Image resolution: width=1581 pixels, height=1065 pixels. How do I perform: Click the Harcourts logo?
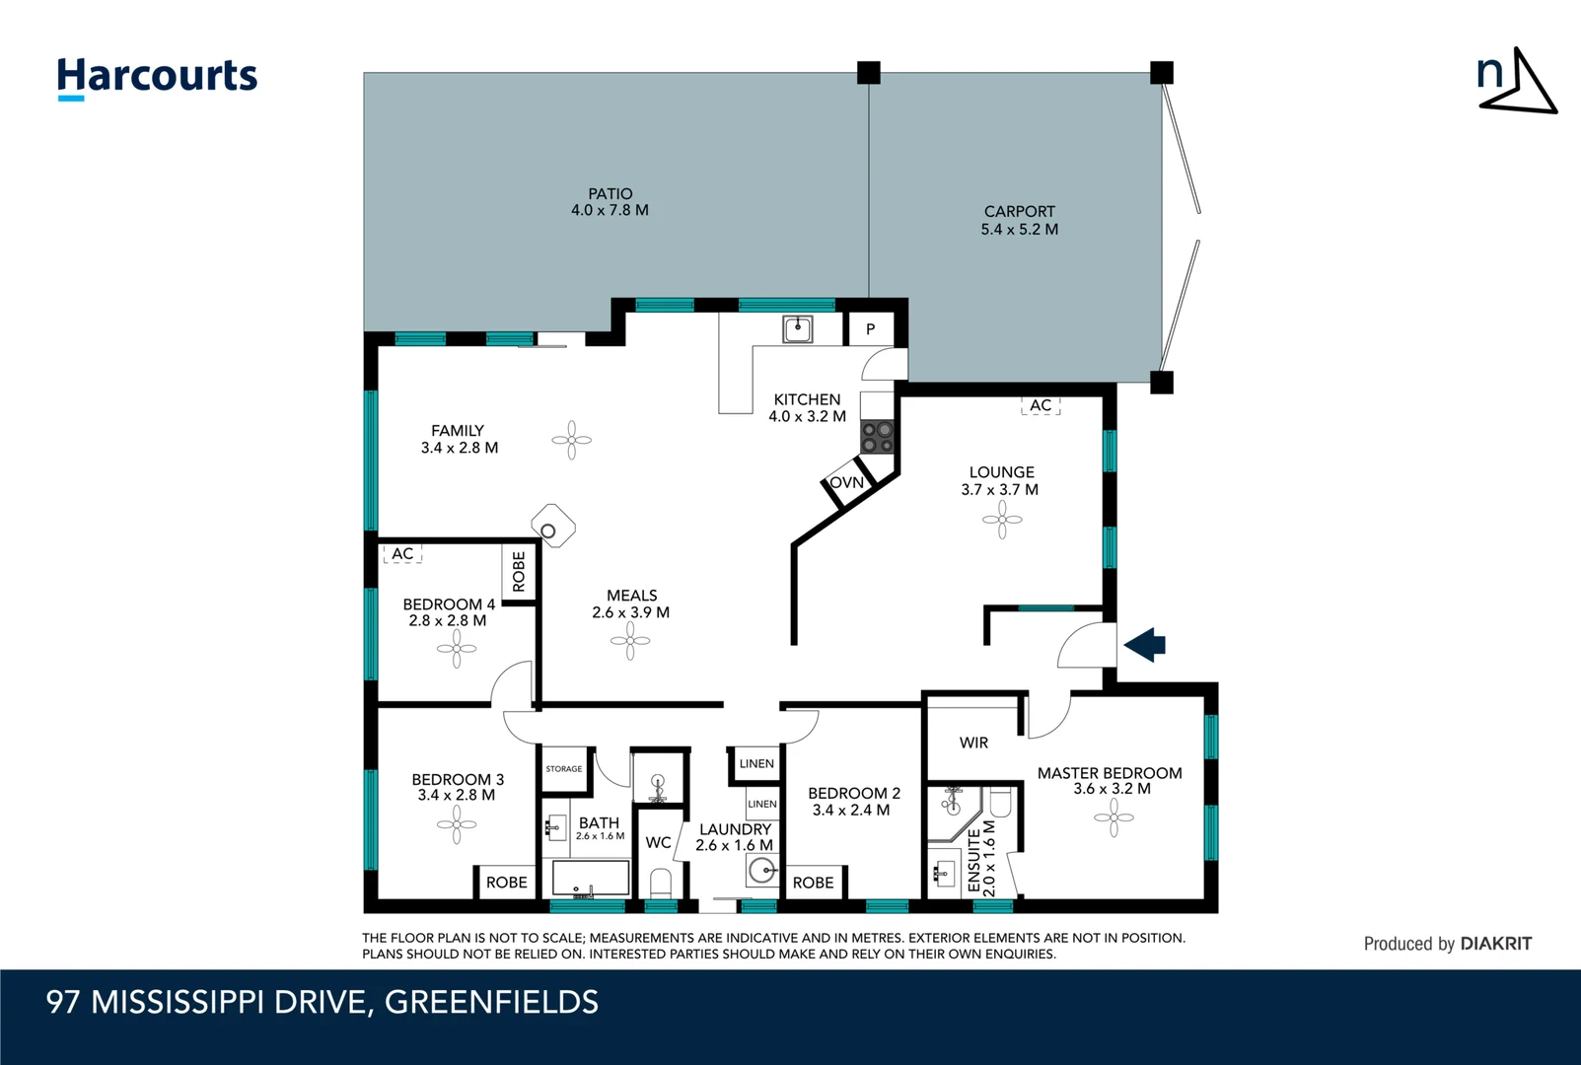pyautogui.click(x=157, y=77)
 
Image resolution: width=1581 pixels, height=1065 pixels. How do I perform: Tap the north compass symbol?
pyautogui.click(x=1517, y=82)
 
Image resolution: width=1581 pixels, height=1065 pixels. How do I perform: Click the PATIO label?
pyautogui.click(x=610, y=194)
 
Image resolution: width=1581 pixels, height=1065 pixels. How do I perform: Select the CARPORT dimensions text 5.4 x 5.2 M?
pyautogui.click(x=1019, y=229)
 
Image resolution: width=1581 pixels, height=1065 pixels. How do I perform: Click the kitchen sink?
pyautogui.click(x=797, y=329)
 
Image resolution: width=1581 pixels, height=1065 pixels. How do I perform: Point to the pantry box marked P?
pyautogui.click(x=870, y=329)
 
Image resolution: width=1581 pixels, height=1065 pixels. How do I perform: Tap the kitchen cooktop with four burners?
pyautogui.click(x=877, y=437)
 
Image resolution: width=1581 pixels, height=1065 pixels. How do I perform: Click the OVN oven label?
pyautogui.click(x=846, y=482)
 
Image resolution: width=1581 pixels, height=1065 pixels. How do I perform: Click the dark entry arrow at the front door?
pyautogui.click(x=1145, y=646)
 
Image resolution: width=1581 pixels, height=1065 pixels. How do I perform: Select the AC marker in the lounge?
pyautogui.click(x=1041, y=405)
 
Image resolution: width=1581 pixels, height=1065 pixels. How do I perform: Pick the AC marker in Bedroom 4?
pyautogui.click(x=402, y=554)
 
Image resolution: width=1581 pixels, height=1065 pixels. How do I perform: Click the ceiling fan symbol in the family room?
pyautogui.click(x=571, y=440)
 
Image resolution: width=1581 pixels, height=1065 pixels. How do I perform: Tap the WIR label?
pyautogui.click(x=973, y=743)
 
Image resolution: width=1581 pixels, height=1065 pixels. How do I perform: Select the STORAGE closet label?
pyautogui.click(x=564, y=769)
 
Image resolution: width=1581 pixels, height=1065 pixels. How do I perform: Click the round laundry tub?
pyautogui.click(x=761, y=871)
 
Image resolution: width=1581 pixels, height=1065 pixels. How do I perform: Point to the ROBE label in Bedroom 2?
pyautogui.click(x=813, y=883)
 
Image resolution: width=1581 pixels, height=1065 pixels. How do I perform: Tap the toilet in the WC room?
pyautogui.click(x=661, y=881)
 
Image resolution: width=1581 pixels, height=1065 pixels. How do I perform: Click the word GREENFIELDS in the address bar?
pyautogui.click(x=491, y=1002)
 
